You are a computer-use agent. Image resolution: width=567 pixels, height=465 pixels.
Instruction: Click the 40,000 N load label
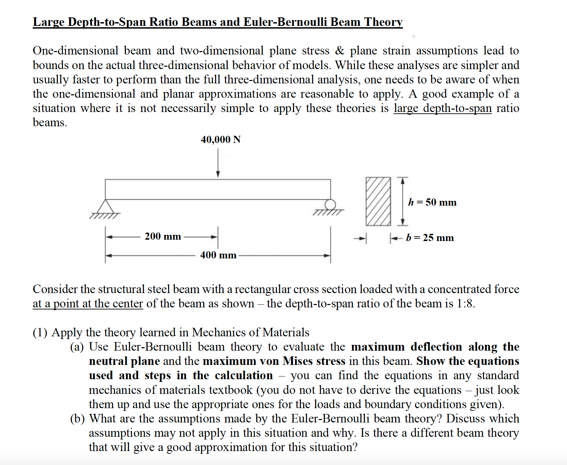coord(221,140)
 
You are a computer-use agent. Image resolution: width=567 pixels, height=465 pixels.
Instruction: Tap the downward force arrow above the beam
coord(218,165)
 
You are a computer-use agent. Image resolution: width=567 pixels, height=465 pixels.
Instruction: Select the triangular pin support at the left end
coord(106,207)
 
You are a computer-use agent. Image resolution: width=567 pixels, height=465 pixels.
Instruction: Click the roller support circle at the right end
coord(329,205)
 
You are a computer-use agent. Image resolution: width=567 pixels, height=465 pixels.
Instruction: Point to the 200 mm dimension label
coord(163,236)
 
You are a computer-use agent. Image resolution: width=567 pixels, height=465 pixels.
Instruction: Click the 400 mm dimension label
coord(218,255)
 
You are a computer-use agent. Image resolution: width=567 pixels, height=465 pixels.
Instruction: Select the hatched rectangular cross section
coord(378,201)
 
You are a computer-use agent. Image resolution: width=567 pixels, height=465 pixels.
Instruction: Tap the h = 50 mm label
coord(432,202)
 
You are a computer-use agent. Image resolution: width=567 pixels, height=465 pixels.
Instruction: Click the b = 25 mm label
coord(430,238)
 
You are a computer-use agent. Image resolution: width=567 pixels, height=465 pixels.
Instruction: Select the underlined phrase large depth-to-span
coord(442,108)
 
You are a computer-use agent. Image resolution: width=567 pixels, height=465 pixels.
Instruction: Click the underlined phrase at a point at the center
coord(88,303)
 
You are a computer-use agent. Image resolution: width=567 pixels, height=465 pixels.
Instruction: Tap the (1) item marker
coord(40,332)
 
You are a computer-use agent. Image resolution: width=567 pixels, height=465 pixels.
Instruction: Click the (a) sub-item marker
coord(77,347)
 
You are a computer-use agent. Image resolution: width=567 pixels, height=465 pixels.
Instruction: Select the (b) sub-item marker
coord(77,418)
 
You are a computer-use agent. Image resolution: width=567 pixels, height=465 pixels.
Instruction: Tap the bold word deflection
coord(436,347)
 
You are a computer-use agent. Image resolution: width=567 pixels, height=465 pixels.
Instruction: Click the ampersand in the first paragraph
coord(340,51)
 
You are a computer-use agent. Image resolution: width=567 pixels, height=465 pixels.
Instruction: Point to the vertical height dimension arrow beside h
coord(403,201)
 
